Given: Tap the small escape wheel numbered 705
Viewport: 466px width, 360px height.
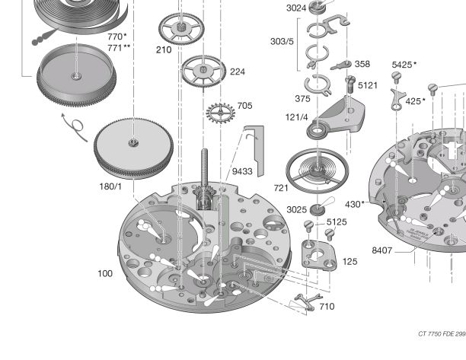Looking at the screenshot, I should (x=220, y=114).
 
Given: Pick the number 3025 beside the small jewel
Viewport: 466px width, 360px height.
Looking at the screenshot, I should (x=297, y=209).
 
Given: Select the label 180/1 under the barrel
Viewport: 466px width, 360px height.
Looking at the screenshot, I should (x=110, y=186).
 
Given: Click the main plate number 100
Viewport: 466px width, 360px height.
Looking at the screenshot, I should (x=105, y=273).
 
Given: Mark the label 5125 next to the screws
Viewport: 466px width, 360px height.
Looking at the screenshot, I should (x=337, y=222).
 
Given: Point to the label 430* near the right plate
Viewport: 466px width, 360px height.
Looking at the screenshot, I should (x=355, y=204).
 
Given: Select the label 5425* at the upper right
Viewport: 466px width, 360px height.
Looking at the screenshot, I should (x=404, y=65).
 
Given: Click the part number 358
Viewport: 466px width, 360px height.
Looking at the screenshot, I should (x=362, y=64).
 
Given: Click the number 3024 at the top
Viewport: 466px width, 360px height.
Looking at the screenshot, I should (x=296, y=8).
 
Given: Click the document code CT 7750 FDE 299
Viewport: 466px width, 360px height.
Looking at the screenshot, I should (x=441, y=333).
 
